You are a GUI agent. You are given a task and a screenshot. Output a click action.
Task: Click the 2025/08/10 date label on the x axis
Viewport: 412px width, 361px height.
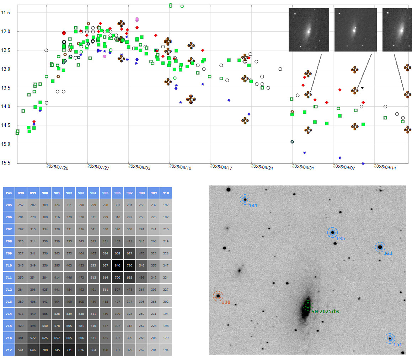click(x=181, y=167)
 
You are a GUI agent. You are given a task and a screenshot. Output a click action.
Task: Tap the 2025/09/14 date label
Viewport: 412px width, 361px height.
click(x=385, y=167)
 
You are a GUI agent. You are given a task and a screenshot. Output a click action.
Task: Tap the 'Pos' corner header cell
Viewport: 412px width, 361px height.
click(x=9, y=193)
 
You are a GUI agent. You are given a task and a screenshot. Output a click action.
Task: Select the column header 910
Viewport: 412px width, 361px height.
click(x=166, y=193)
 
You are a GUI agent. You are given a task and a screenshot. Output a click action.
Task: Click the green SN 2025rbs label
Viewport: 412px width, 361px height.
click(x=325, y=311)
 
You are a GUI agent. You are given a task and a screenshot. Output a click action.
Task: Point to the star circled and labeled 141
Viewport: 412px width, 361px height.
click(x=245, y=200)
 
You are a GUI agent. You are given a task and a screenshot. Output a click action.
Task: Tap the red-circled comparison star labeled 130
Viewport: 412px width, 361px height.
click(x=218, y=296)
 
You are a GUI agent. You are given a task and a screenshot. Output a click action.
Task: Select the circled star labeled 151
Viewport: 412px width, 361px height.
click(x=390, y=339)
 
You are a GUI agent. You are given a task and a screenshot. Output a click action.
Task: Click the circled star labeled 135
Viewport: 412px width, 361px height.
click(x=332, y=233)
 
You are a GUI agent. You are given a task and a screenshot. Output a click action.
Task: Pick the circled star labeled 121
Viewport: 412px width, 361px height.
click(x=380, y=247)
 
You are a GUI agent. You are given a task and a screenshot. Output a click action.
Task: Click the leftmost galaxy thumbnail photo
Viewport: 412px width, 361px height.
click(x=309, y=30)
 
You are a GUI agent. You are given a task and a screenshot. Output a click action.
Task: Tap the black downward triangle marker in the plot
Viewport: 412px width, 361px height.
click(x=362, y=87)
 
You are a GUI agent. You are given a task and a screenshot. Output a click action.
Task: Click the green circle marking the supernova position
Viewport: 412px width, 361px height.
click(x=308, y=305)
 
